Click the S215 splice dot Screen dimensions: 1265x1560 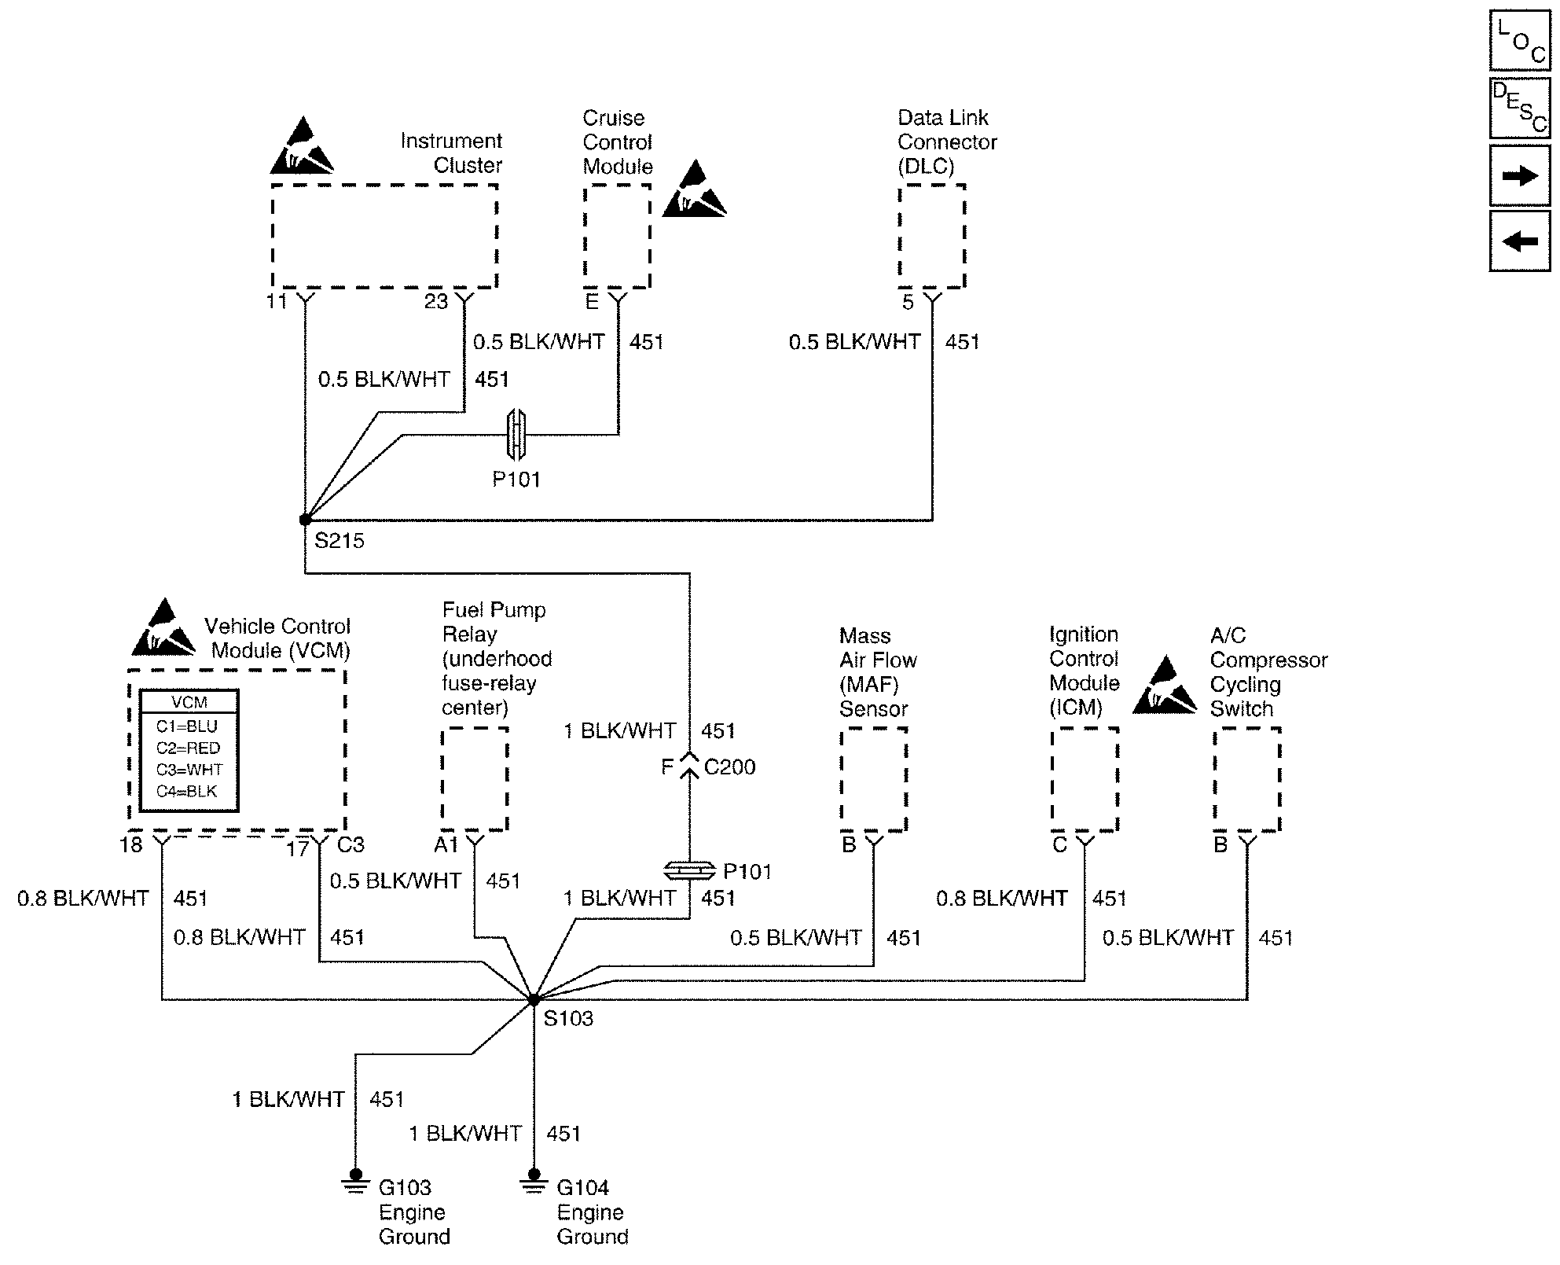tap(305, 520)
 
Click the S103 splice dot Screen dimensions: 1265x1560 tap(534, 1000)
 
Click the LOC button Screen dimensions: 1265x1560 tap(1520, 41)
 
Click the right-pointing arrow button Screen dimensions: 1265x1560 tap(1520, 175)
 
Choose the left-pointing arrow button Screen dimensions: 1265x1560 tap(1520, 241)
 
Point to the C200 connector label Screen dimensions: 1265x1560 tap(729, 767)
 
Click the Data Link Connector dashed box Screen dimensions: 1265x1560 tap(932, 237)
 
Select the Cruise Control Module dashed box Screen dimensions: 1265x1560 tap(617, 237)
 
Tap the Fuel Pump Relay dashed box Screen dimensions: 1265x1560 tap(475, 778)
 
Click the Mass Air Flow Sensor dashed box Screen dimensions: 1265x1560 tap(874, 778)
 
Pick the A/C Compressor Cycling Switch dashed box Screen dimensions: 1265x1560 tap(1247, 778)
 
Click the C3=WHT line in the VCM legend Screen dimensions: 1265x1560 tap(189, 770)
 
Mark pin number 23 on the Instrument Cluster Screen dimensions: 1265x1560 tap(436, 301)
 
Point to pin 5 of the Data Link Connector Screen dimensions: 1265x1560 tap(908, 303)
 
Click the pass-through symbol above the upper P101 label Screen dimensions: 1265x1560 tap(516, 435)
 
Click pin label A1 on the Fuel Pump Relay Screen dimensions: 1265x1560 tap(446, 845)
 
